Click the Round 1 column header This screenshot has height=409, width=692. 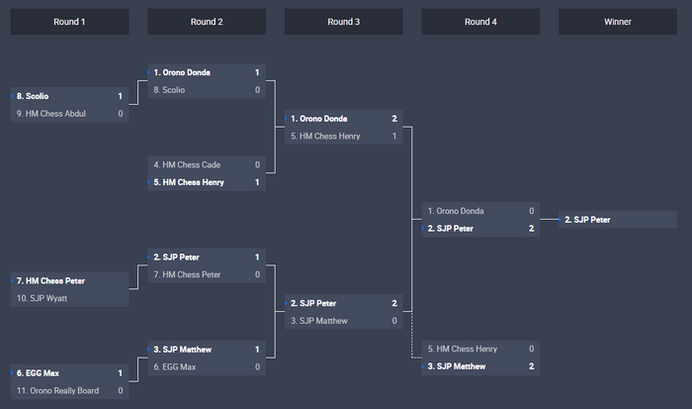coord(69,21)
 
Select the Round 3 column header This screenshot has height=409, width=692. coord(343,21)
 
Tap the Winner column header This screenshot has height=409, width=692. coord(618,21)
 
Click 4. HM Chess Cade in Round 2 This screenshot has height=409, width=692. coord(187,164)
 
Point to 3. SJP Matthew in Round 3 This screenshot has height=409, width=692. coord(323,321)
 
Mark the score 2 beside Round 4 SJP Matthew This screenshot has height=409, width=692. coord(532,366)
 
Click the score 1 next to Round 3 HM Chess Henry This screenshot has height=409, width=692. coord(394,137)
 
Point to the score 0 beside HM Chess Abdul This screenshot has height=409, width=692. coord(121,114)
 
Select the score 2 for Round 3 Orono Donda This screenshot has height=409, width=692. coord(394,119)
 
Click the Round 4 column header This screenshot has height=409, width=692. coord(480,21)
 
